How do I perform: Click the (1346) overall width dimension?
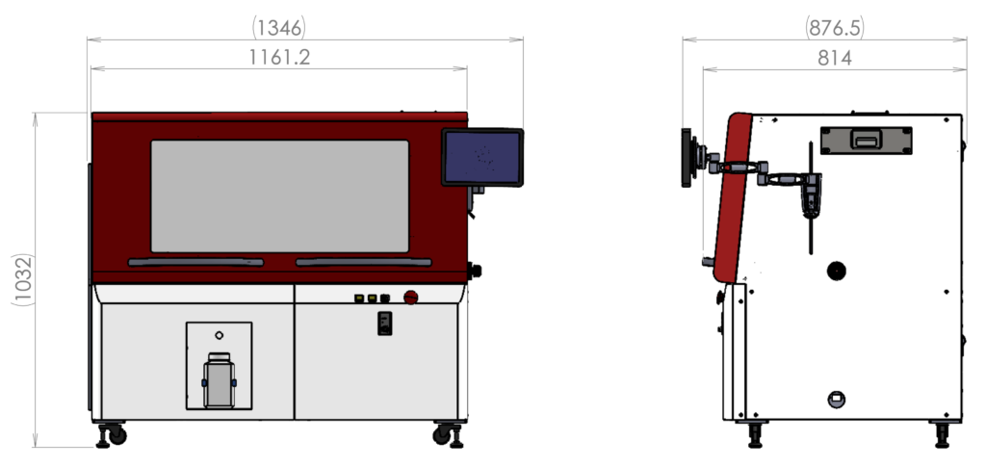[278, 28]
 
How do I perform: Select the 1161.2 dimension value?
[279, 57]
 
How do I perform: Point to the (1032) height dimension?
[23, 279]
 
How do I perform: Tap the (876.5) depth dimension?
[835, 28]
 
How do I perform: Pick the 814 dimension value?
[835, 58]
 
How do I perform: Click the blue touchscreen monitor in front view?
[482, 157]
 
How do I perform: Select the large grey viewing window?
[280, 196]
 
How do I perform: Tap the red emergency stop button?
[410, 298]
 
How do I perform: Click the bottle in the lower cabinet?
[219, 380]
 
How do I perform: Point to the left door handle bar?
[195, 262]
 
